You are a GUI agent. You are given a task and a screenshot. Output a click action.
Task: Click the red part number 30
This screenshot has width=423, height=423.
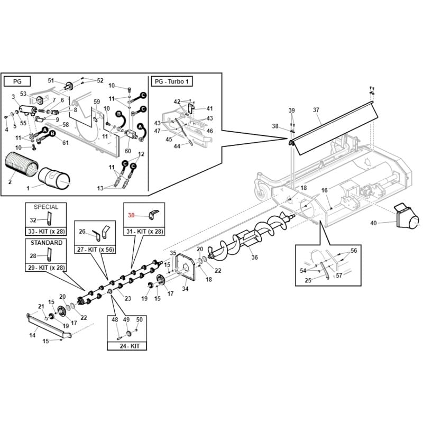click(131, 215)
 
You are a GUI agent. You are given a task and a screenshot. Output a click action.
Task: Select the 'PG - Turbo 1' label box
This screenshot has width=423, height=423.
click(172, 81)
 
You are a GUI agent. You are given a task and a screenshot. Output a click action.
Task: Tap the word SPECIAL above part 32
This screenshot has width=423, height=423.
click(46, 207)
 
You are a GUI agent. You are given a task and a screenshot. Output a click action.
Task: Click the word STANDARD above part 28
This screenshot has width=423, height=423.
click(47, 243)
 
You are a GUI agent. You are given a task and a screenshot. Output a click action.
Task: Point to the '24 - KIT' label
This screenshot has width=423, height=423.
click(130, 346)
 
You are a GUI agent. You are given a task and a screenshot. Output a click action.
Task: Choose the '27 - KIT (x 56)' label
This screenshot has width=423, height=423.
click(95, 249)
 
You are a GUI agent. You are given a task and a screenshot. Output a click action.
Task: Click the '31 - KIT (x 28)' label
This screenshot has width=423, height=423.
click(144, 232)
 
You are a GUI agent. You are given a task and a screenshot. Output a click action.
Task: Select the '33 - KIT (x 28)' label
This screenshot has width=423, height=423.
click(47, 232)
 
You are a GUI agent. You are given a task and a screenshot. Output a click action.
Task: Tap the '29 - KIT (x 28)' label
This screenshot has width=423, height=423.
click(47, 268)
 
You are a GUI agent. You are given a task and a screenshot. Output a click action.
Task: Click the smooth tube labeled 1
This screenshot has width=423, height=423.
click(54, 179)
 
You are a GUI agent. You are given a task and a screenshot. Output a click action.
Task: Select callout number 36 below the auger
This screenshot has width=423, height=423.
click(254, 257)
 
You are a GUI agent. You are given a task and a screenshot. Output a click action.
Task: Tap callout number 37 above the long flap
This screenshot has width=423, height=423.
click(316, 110)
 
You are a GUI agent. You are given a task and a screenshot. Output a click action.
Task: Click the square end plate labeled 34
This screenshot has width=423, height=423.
click(185, 268)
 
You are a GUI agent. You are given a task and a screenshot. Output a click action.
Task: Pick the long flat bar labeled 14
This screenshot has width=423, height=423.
click(49, 326)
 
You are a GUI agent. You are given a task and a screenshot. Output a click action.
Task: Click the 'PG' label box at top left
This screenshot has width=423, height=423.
click(17, 81)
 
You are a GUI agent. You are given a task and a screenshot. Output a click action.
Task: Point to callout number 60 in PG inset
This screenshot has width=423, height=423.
click(128, 151)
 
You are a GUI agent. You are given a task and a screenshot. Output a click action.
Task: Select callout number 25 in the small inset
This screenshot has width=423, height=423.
click(308, 280)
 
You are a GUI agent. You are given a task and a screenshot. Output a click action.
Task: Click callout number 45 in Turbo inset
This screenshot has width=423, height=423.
click(169, 139)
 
